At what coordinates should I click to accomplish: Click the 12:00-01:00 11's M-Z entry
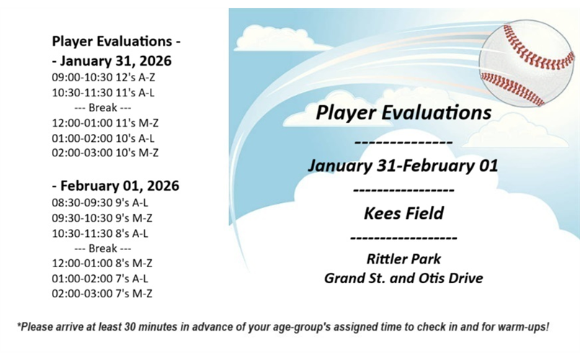(105, 122)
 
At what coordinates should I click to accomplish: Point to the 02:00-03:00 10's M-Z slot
(105, 153)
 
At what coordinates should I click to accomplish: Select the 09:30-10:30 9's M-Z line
(102, 217)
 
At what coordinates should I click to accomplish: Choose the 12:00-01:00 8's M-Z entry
(102, 263)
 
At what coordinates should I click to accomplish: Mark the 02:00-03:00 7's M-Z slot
(102, 293)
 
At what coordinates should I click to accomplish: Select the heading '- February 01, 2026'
(115, 186)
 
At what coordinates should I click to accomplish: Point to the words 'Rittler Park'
(403, 258)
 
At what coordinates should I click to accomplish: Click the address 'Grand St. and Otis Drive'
(403, 278)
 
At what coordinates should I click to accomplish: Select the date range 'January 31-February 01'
(403, 165)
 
